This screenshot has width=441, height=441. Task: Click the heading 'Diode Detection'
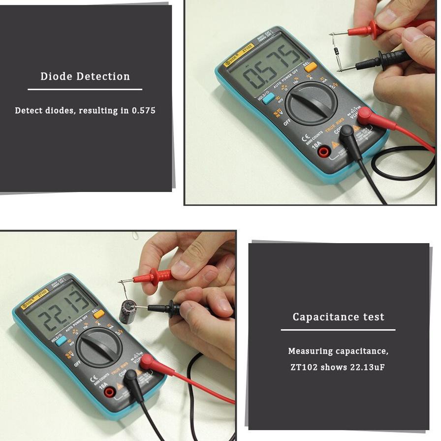[85, 76]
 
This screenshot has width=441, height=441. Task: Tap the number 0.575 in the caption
[143, 111]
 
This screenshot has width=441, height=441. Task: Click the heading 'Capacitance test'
[338, 317]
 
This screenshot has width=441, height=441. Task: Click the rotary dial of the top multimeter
[311, 103]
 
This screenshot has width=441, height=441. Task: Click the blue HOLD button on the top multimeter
[268, 98]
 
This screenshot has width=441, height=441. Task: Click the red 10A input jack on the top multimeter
[324, 152]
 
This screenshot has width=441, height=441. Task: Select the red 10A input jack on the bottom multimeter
[110, 392]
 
